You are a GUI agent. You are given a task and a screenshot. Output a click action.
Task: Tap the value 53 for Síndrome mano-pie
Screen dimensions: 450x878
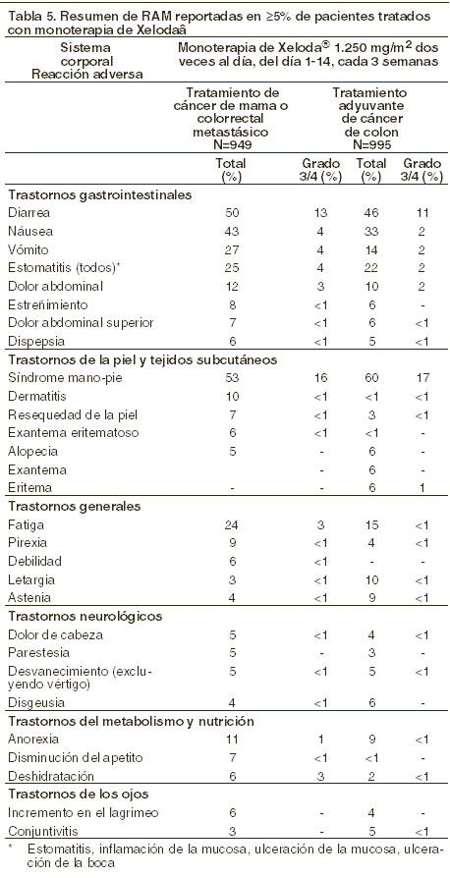pos(231,378)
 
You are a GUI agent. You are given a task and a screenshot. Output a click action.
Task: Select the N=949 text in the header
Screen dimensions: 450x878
pos(231,145)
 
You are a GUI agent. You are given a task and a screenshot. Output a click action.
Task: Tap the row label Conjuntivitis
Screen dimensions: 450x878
pos(37,831)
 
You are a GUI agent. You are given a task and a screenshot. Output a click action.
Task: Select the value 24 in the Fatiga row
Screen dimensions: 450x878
pos(231,525)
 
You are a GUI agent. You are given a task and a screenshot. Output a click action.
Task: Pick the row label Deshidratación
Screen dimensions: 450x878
pos(43,777)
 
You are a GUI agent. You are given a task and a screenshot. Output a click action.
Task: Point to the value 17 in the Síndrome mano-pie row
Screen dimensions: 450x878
pos(422,378)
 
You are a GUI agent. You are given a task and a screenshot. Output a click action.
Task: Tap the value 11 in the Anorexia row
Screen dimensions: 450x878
pos(231,740)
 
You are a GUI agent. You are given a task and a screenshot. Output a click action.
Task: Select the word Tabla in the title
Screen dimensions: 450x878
pos(21,17)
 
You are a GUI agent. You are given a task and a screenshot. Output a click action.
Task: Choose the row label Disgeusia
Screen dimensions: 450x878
pos(32,702)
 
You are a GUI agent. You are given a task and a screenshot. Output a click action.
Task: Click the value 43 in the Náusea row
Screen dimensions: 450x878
pos(231,231)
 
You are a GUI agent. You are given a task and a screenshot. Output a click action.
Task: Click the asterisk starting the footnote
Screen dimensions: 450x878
pos(11,849)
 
